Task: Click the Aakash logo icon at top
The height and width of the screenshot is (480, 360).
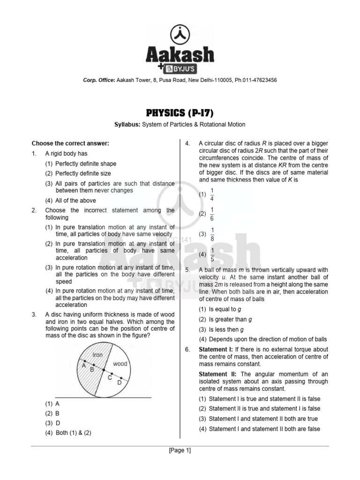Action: coord(180,33)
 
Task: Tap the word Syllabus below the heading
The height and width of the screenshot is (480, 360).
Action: coord(129,124)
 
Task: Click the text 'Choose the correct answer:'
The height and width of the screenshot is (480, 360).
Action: coord(70,143)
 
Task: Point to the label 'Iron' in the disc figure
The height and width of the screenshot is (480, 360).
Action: coord(97,355)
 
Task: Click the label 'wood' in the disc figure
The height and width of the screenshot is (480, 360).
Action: coord(120,364)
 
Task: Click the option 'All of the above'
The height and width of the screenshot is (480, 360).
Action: coord(75,201)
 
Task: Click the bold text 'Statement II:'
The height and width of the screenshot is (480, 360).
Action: coord(218,374)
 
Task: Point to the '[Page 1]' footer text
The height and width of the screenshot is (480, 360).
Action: coord(180,450)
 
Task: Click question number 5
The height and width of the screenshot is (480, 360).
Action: coord(187,270)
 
